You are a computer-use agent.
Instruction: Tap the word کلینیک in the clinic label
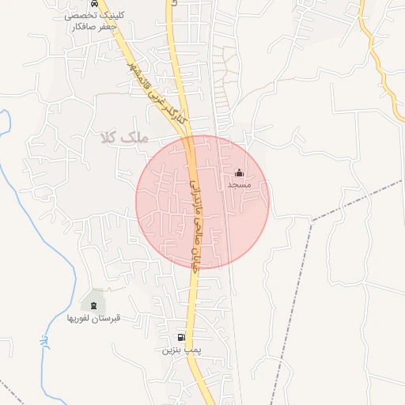click(111, 15)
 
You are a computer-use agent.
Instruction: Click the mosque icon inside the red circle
click(240, 172)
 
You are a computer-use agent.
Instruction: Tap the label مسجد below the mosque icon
click(239, 184)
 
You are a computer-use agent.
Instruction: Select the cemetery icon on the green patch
click(93, 305)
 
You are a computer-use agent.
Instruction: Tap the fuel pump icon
click(181, 337)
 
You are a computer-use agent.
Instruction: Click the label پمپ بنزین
click(178, 349)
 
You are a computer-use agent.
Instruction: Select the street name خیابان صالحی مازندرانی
click(195, 221)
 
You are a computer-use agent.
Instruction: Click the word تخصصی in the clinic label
click(79, 15)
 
